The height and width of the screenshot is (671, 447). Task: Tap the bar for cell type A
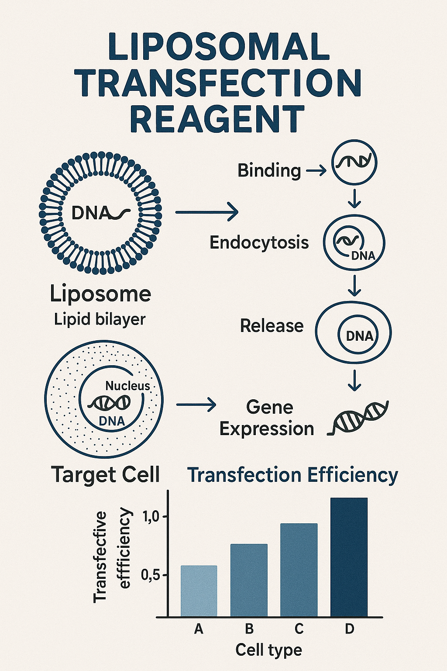pyautogui.click(x=199, y=591)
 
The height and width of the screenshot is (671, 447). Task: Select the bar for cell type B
pyautogui.click(x=249, y=580)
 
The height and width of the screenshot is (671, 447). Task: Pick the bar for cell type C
pyautogui.click(x=299, y=570)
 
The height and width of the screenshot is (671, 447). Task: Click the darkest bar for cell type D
pyautogui.click(x=349, y=557)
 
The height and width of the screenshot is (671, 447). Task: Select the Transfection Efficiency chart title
pyautogui.click(x=292, y=475)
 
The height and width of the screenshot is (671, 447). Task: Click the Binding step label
pyautogui.click(x=269, y=171)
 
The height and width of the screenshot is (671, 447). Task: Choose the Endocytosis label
pyautogui.click(x=259, y=242)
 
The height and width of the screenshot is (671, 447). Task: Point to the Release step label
pyautogui.click(x=272, y=326)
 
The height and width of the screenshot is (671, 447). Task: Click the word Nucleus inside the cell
pyautogui.click(x=127, y=386)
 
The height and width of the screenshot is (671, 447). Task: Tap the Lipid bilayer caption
pyautogui.click(x=100, y=319)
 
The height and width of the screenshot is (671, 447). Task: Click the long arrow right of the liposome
pyautogui.click(x=207, y=212)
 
